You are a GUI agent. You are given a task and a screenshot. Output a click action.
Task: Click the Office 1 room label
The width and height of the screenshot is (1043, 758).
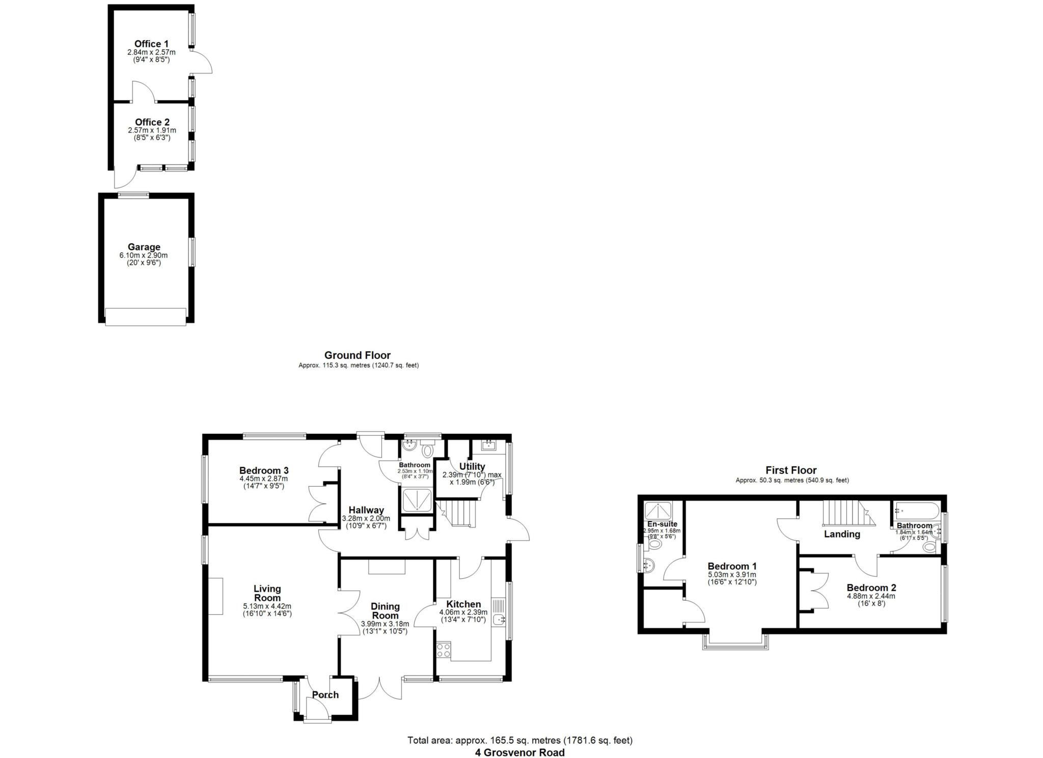(x=151, y=44)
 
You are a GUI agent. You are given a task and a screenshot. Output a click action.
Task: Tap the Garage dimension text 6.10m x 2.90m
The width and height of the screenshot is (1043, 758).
(x=144, y=256)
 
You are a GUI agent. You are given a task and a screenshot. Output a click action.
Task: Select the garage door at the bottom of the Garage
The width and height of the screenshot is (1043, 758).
(x=145, y=317)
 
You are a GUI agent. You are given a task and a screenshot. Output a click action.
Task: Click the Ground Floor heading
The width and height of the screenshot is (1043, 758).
(x=358, y=355)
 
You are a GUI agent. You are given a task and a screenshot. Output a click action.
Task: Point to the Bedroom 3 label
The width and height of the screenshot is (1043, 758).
(x=264, y=470)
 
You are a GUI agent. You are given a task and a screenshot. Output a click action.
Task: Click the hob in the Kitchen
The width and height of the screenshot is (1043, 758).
(x=443, y=650)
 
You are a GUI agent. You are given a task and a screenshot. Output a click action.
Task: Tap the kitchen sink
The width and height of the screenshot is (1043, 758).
(x=499, y=620)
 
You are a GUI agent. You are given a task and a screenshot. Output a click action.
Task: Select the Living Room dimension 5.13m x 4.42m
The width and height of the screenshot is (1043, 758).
(x=267, y=606)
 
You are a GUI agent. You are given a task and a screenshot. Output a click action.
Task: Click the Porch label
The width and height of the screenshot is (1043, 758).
(x=325, y=695)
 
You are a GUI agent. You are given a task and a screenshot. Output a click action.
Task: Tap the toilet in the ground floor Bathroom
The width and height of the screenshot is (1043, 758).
(x=427, y=451)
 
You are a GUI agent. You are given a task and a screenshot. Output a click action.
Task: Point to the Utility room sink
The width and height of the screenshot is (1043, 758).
(x=488, y=446)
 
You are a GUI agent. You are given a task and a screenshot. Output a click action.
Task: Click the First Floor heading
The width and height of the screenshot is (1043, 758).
(x=791, y=470)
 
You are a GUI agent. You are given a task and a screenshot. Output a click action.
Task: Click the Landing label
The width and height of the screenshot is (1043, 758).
(x=842, y=534)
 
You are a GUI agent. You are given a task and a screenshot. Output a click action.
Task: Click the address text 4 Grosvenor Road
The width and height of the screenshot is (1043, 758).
(x=519, y=752)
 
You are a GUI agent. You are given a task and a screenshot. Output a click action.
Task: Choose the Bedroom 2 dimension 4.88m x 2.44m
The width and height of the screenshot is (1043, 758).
(x=871, y=596)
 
